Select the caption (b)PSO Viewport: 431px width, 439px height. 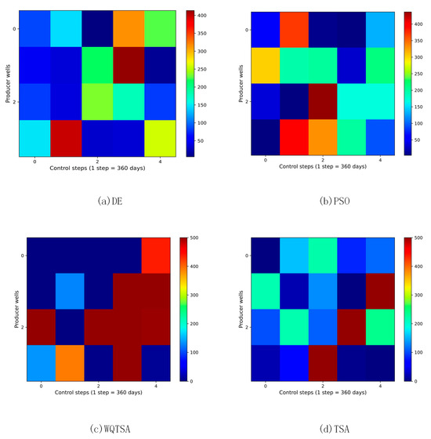tap(323, 201)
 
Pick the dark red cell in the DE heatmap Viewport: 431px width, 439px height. tap(132, 66)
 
